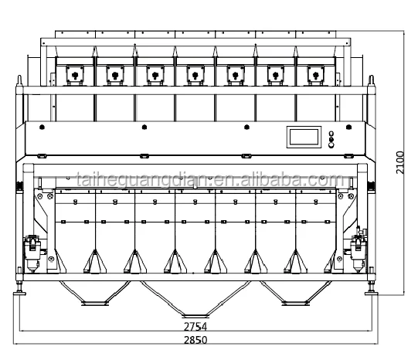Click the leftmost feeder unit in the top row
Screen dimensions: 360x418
pyautogui.click(x=75, y=73)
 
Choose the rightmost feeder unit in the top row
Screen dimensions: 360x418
pyautogui.click(x=314, y=73)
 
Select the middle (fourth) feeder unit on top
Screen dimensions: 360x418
pyautogui.click(x=195, y=73)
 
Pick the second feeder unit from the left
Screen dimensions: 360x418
pyautogui.click(x=115, y=73)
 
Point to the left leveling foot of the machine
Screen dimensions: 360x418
pyautogui.click(x=21, y=294)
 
